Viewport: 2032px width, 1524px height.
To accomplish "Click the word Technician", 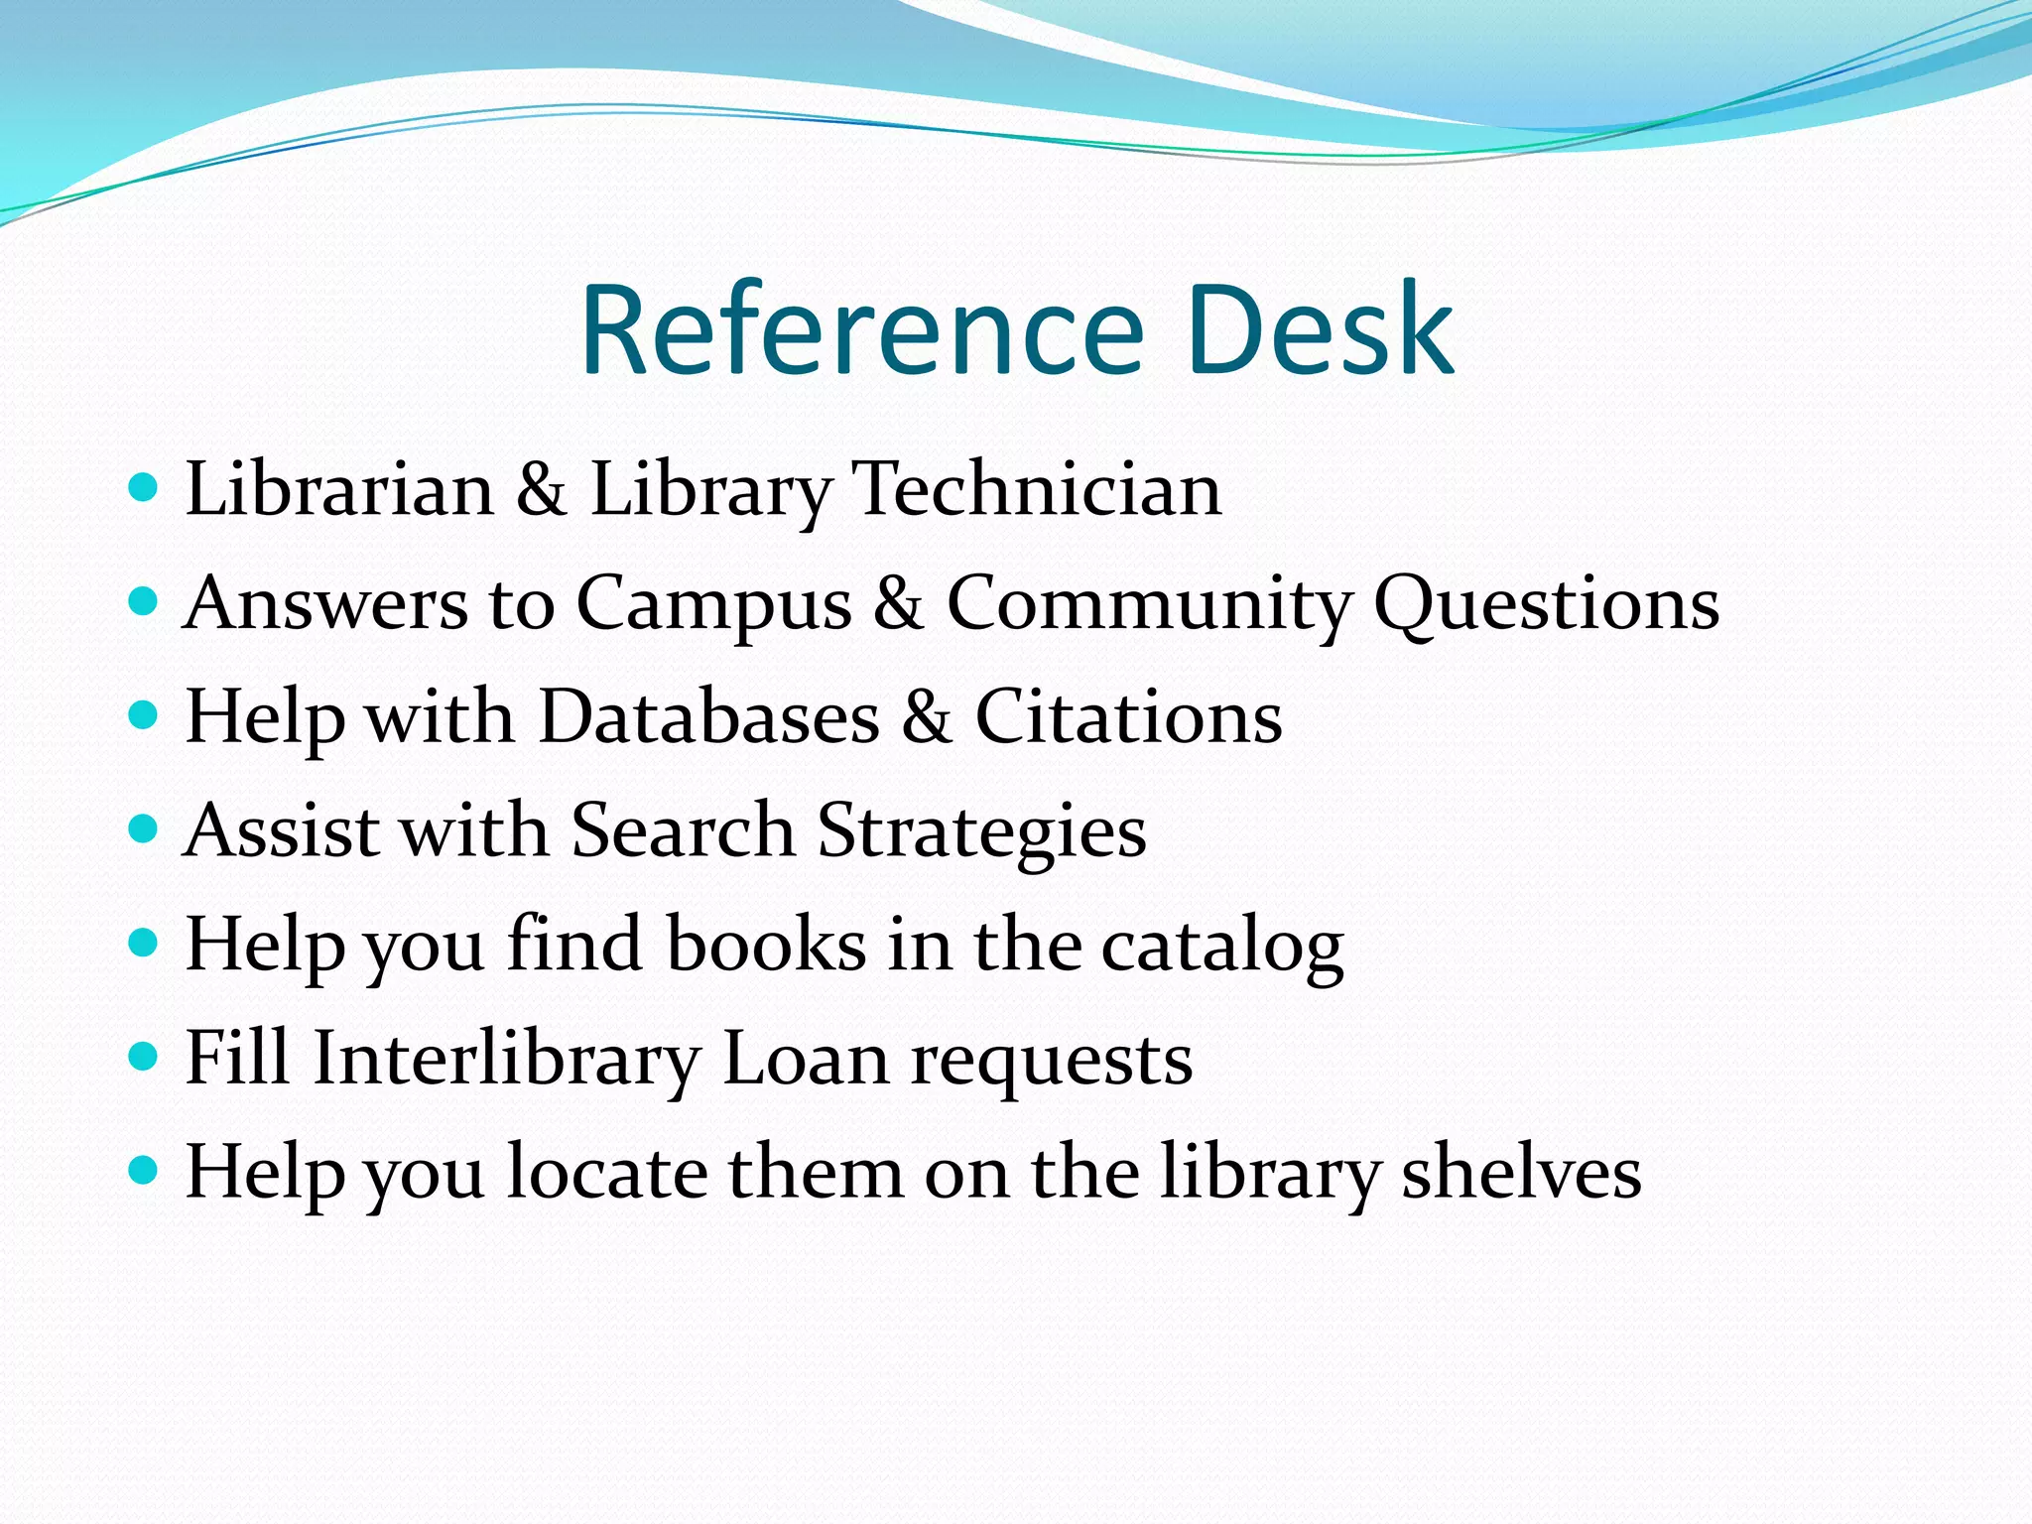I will point(1038,489).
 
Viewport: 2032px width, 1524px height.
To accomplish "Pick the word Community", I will point(1148,604).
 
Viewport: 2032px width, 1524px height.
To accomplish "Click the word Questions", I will point(1547,604).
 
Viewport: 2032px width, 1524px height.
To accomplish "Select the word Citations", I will point(1128,716).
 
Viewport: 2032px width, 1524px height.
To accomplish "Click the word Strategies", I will point(981,831).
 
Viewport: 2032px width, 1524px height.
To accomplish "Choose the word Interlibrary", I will point(507,1058).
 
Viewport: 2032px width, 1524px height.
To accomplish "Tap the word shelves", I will point(1521,1172).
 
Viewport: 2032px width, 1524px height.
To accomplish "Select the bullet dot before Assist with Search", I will point(144,828).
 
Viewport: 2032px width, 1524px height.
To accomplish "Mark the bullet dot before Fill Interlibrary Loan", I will point(144,1056).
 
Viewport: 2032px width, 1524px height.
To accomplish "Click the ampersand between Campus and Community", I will point(899,602).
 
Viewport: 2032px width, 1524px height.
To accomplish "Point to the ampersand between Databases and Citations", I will point(927,716).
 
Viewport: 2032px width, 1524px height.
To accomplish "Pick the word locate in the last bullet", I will point(607,1172).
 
